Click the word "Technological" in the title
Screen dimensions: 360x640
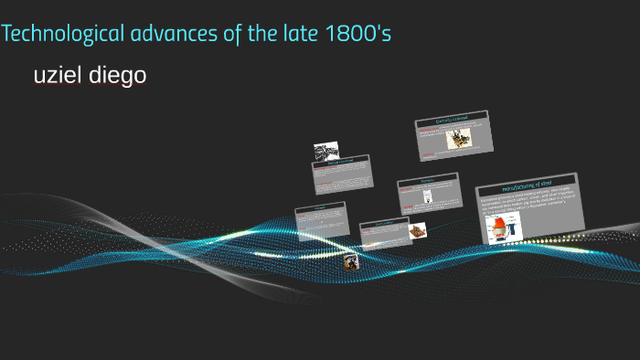click(x=62, y=36)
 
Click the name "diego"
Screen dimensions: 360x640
click(x=119, y=76)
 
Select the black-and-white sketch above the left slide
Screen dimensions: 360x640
click(x=326, y=150)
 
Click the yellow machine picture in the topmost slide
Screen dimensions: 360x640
click(x=458, y=141)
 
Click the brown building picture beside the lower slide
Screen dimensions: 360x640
click(x=418, y=229)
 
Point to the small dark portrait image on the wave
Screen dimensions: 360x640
click(x=350, y=262)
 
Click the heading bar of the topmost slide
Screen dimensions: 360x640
click(x=453, y=121)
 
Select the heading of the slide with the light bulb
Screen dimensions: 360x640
click(x=426, y=181)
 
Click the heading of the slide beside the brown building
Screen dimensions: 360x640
click(x=382, y=223)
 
